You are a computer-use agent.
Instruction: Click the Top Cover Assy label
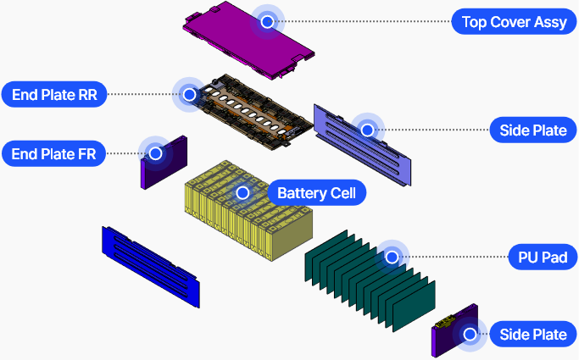[515, 22]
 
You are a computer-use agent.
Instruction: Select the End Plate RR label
[54, 94]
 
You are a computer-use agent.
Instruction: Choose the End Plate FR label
[53, 153]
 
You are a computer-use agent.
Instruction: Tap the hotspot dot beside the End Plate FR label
[156, 153]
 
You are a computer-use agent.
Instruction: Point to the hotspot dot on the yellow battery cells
[243, 193]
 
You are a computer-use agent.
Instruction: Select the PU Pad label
[536, 256]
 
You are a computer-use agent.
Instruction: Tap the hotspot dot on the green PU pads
[392, 256]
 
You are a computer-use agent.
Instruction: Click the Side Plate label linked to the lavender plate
[533, 130]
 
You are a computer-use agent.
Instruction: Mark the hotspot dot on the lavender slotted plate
[367, 130]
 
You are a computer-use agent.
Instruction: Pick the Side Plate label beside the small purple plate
[533, 334]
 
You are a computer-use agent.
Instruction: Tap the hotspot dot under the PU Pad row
[469, 334]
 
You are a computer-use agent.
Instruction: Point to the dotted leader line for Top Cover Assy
[365, 22]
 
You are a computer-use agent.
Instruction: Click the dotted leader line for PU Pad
[458, 256]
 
